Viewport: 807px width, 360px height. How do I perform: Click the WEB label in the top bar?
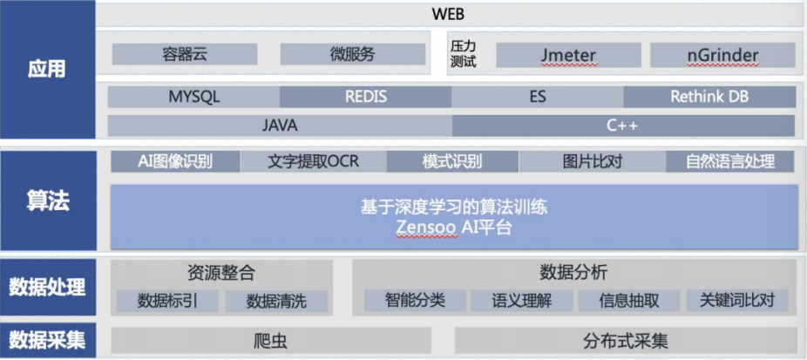tap(448, 14)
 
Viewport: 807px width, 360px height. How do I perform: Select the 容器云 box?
tap(185, 54)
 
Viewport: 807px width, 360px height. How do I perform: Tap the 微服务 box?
tap(352, 54)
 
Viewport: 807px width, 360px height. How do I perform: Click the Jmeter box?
tap(568, 55)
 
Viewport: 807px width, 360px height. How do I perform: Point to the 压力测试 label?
tap(464, 54)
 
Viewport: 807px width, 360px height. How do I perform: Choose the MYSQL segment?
tap(193, 97)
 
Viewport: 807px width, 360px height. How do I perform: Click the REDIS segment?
tap(365, 97)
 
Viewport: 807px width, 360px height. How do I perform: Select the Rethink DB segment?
tap(709, 97)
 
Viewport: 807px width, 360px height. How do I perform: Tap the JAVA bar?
tap(280, 126)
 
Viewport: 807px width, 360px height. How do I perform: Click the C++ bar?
tap(622, 126)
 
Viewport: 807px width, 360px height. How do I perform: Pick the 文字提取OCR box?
tap(313, 161)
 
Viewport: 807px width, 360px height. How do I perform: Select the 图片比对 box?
tap(592, 161)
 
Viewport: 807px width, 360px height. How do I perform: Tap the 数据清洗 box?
tap(276, 302)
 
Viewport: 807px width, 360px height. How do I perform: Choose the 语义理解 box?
tap(523, 301)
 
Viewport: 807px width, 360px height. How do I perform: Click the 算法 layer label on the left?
tap(48, 201)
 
